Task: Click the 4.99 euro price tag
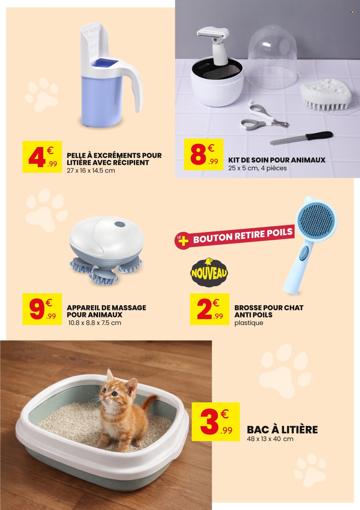tap(42, 157)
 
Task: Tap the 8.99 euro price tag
tap(204, 154)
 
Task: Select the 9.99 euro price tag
tap(42, 309)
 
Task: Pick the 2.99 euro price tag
tap(210, 309)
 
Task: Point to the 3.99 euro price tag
tap(216, 421)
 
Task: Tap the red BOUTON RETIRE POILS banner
tap(235, 237)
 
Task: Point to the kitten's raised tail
tap(150, 402)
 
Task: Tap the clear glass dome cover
tap(272, 56)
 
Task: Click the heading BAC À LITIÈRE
tap(282, 429)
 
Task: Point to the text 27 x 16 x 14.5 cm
tap(91, 170)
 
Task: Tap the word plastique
tap(249, 322)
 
